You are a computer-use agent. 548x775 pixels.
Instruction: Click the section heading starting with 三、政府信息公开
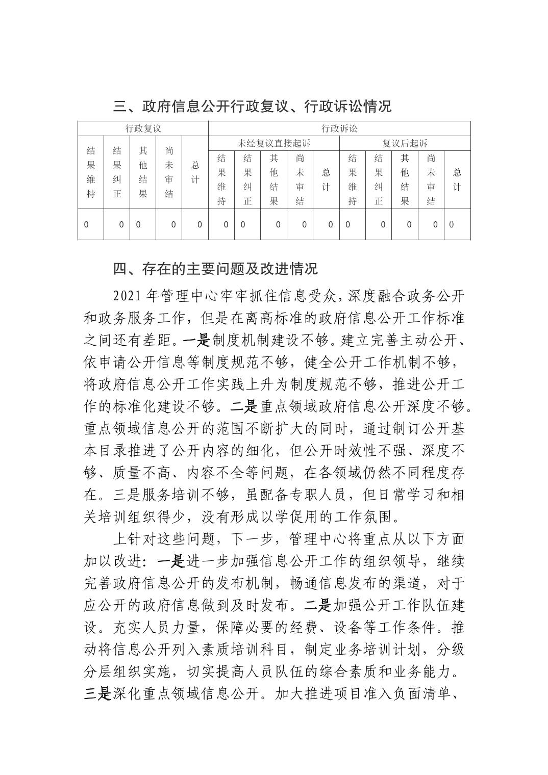[x=252, y=106]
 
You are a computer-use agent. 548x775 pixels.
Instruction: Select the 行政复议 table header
[x=143, y=128]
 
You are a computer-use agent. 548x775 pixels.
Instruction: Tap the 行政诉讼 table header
[x=339, y=128]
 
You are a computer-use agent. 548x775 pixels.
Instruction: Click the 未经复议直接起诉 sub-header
[x=274, y=143]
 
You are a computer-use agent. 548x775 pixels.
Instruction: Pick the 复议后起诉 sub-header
[x=405, y=143]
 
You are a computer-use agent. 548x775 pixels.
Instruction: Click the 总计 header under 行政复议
[x=195, y=172]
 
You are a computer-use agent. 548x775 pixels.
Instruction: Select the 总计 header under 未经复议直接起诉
[x=326, y=179]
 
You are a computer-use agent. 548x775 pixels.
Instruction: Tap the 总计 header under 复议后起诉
[x=457, y=179]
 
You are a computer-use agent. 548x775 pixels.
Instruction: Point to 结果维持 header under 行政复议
[x=91, y=172]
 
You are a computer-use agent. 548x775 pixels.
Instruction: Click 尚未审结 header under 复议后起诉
[x=431, y=179]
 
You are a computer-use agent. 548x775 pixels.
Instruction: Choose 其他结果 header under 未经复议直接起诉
[x=274, y=179]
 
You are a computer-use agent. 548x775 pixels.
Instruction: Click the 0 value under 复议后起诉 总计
[x=452, y=224]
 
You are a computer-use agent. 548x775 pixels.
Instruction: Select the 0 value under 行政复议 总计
[x=200, y=224]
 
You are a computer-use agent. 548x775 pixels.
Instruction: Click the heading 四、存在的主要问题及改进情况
[x=215, y=268]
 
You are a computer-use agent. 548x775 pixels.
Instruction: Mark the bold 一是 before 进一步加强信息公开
[x=170, y=561]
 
